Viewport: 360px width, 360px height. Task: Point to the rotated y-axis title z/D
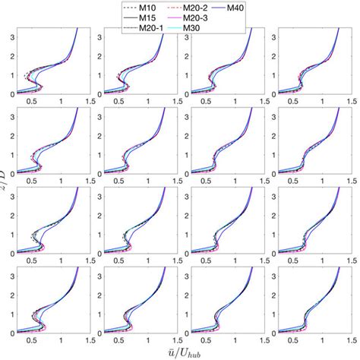(6, 180)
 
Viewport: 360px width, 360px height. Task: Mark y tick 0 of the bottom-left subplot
(11, 333)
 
